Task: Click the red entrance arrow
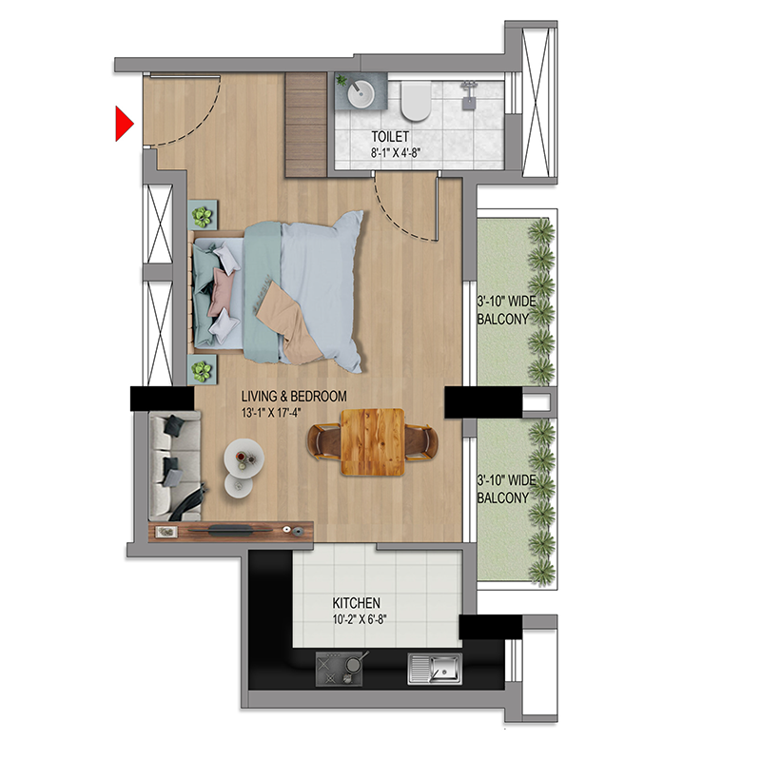point(124,124)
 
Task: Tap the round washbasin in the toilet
point(361,93)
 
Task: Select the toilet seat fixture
point(416,102)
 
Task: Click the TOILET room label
point(390,137)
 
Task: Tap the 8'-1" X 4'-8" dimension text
point(395,153)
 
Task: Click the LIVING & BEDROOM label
point(294,397)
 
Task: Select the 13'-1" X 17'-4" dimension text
point(271,413)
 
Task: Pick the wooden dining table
point(373,441)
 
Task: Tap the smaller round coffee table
point(239,485)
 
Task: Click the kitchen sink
point(435,669)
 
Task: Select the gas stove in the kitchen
point(340,669)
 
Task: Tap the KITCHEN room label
point(356,603)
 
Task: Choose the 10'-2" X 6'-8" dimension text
point(360,620)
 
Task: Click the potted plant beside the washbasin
point(341,80)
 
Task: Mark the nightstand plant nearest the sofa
point(202,371)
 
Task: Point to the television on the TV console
point(230,530)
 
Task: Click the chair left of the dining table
point(324,441)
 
